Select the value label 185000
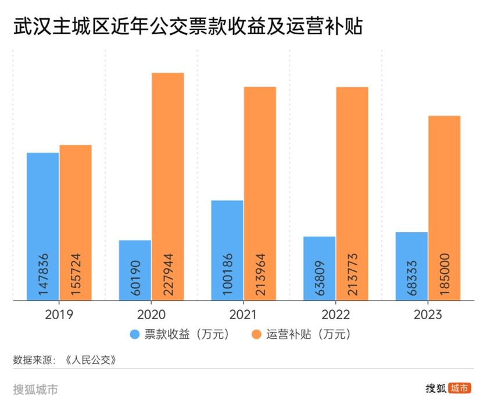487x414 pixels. click(445, 274)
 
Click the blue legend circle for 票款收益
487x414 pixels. click(135, 335)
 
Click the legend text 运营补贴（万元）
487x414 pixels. click(309, 335)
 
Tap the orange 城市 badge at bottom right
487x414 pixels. click(459, 388)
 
